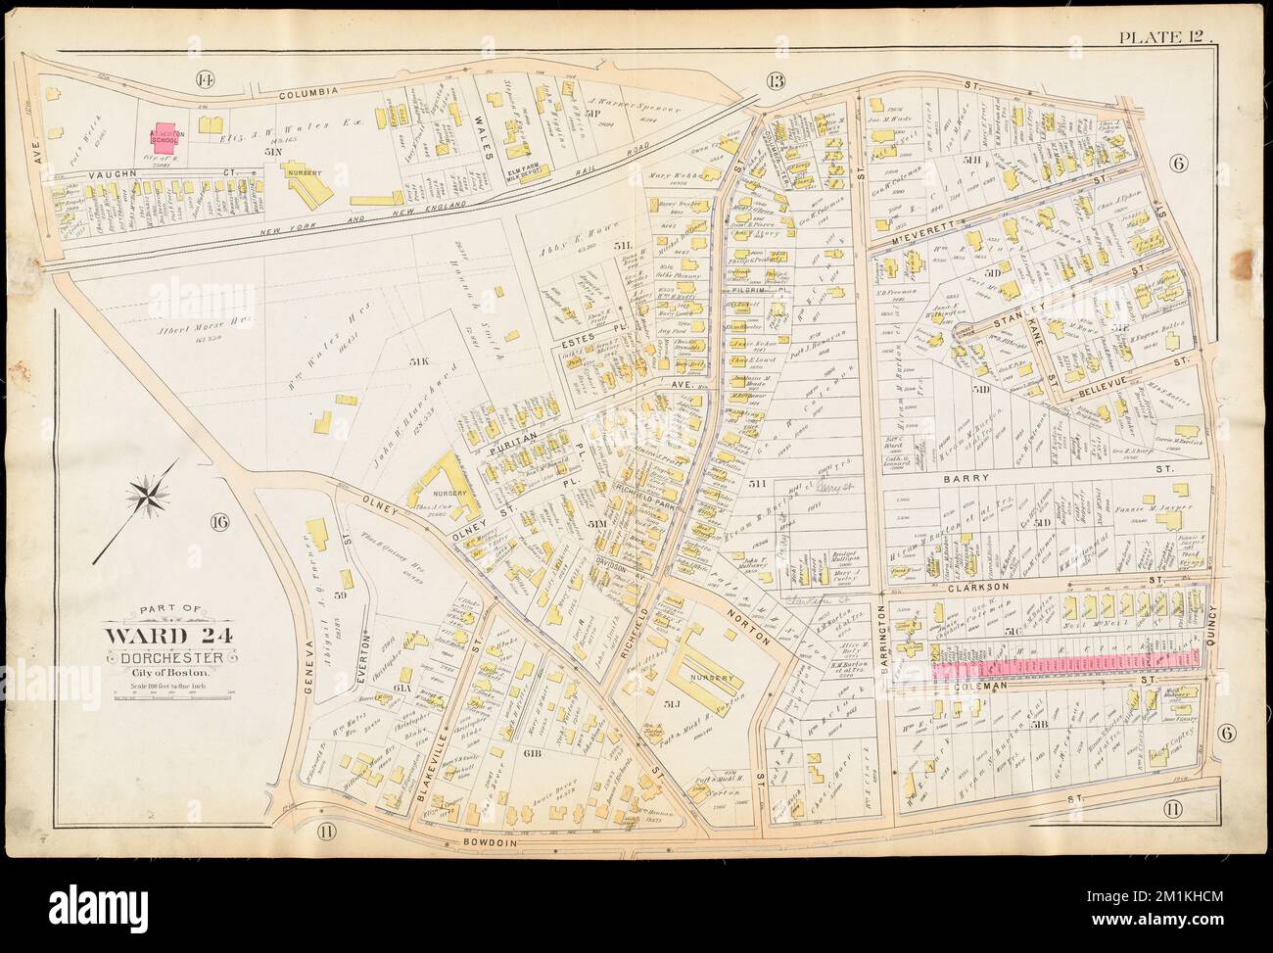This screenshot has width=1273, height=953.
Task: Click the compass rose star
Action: point(149,495)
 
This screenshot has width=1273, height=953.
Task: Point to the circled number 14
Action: point(205,79)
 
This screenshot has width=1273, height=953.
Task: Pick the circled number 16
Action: point(217,523)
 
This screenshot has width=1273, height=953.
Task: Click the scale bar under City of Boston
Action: point(165,695)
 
